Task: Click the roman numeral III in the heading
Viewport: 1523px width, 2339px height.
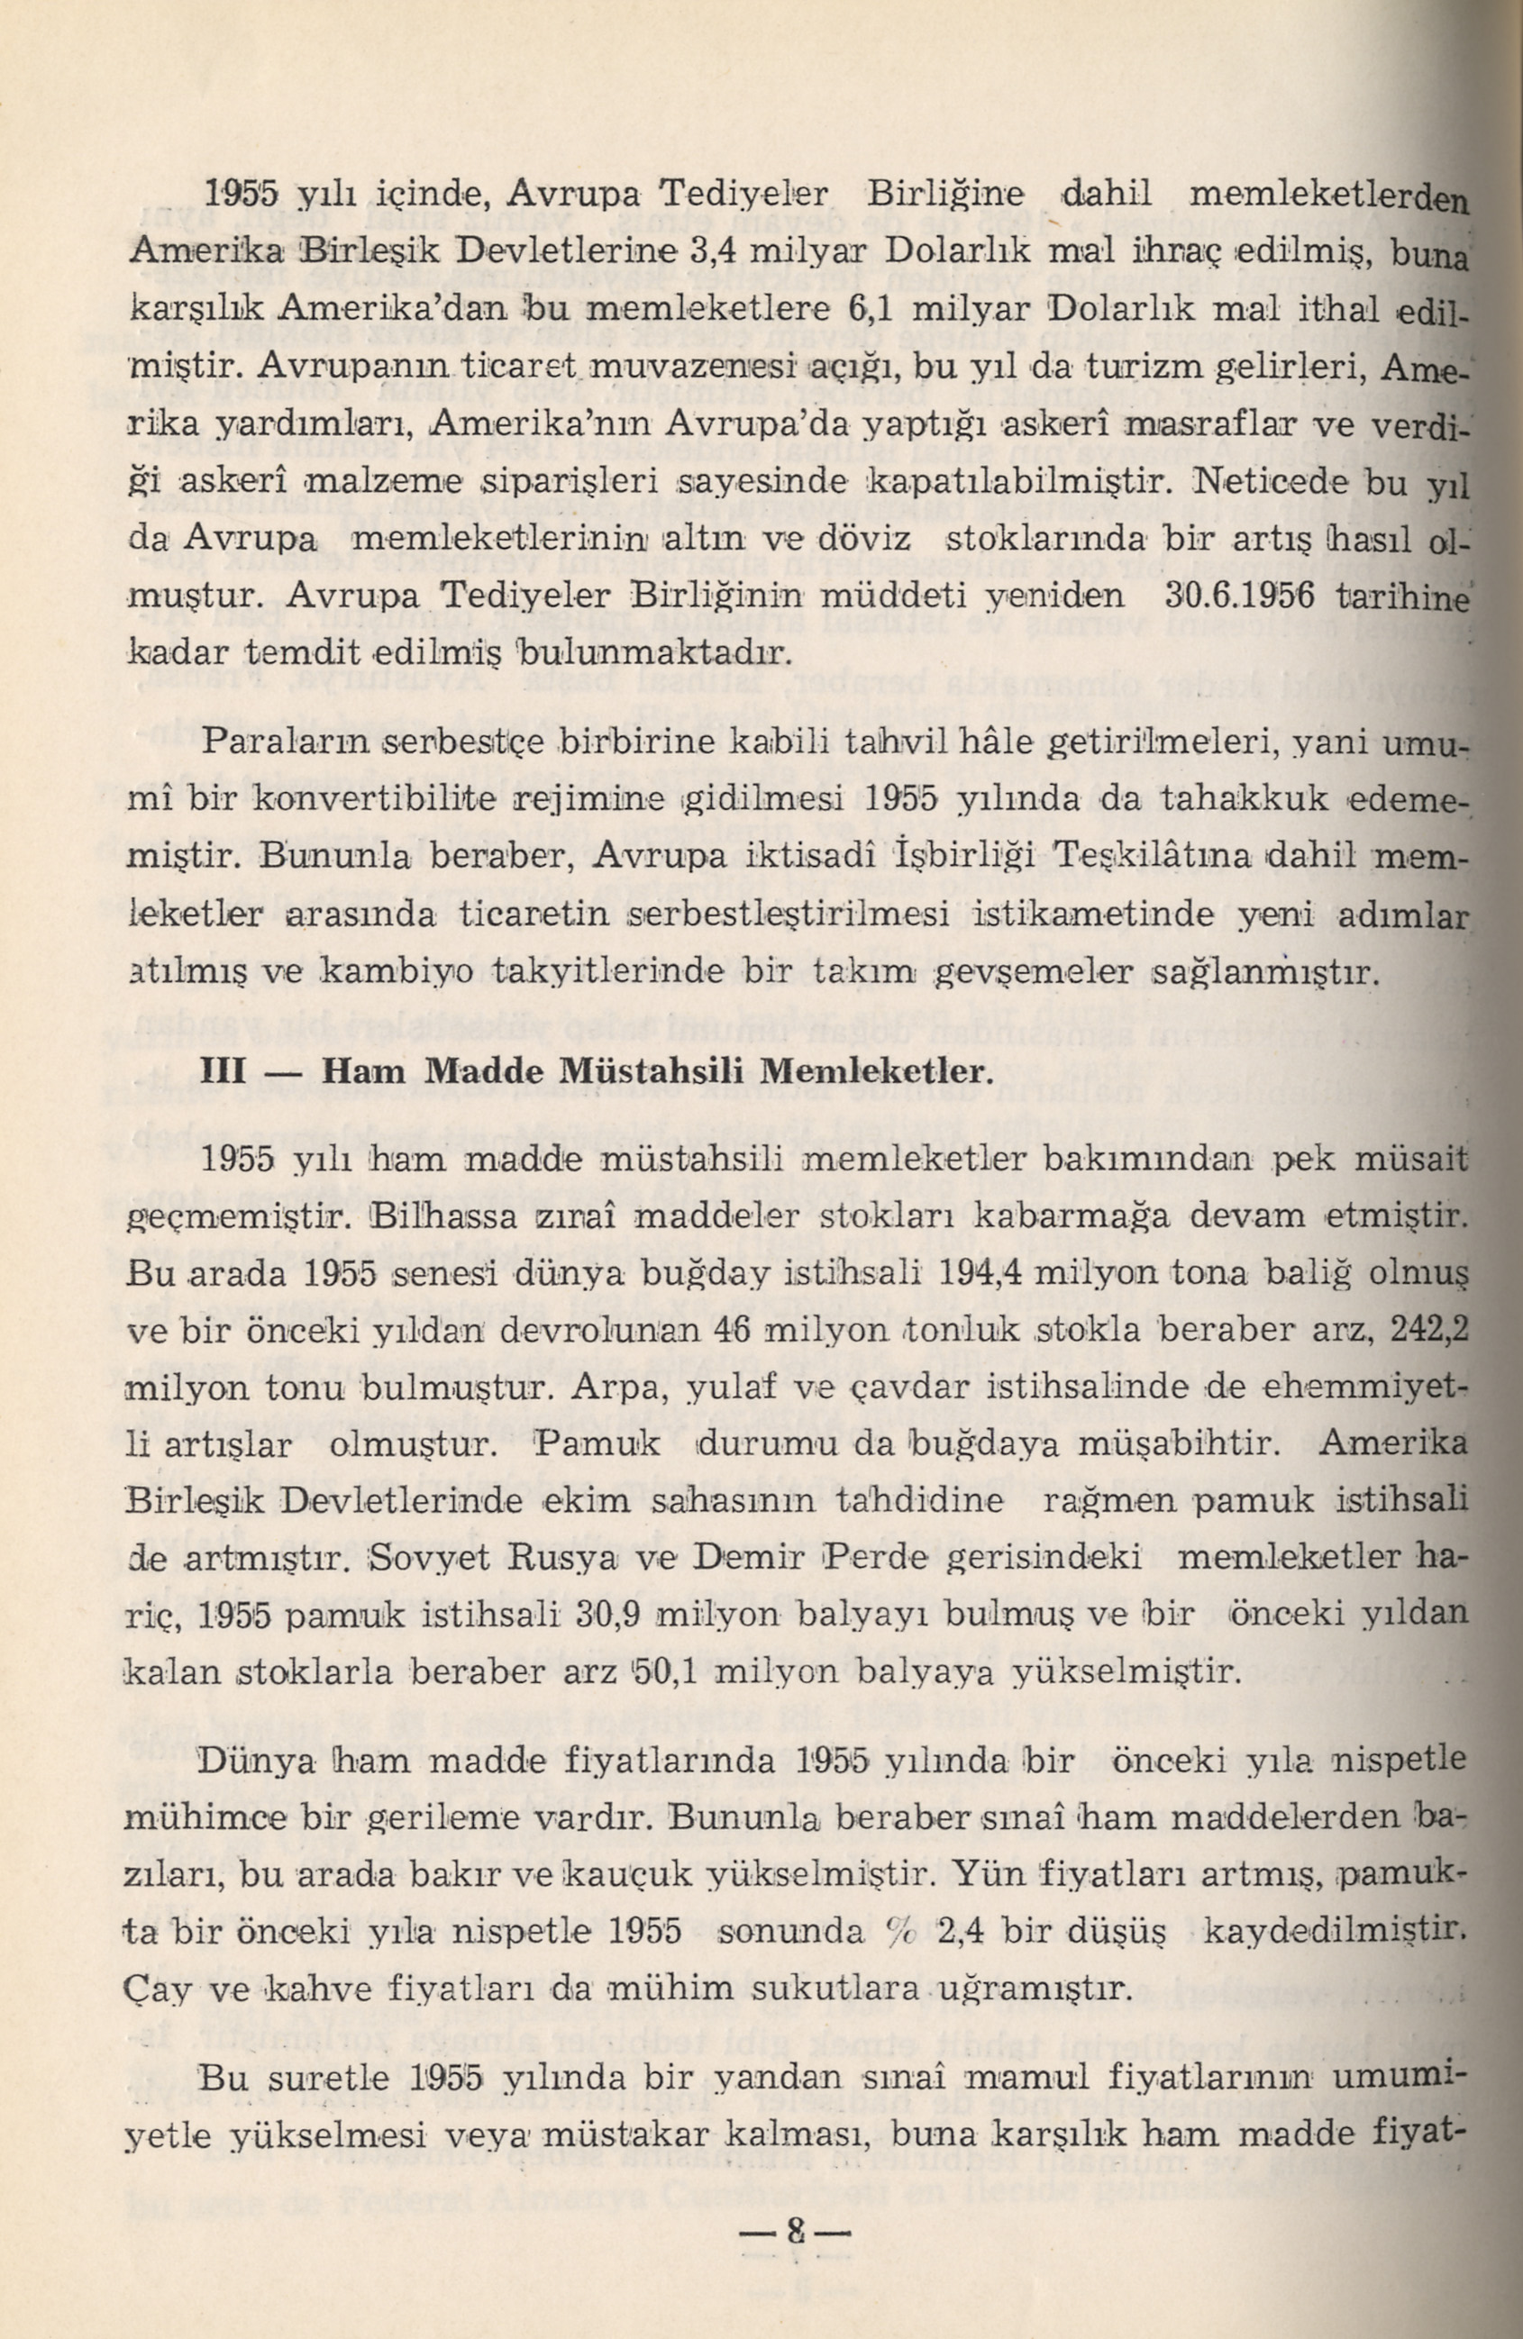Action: point(223,1071)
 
